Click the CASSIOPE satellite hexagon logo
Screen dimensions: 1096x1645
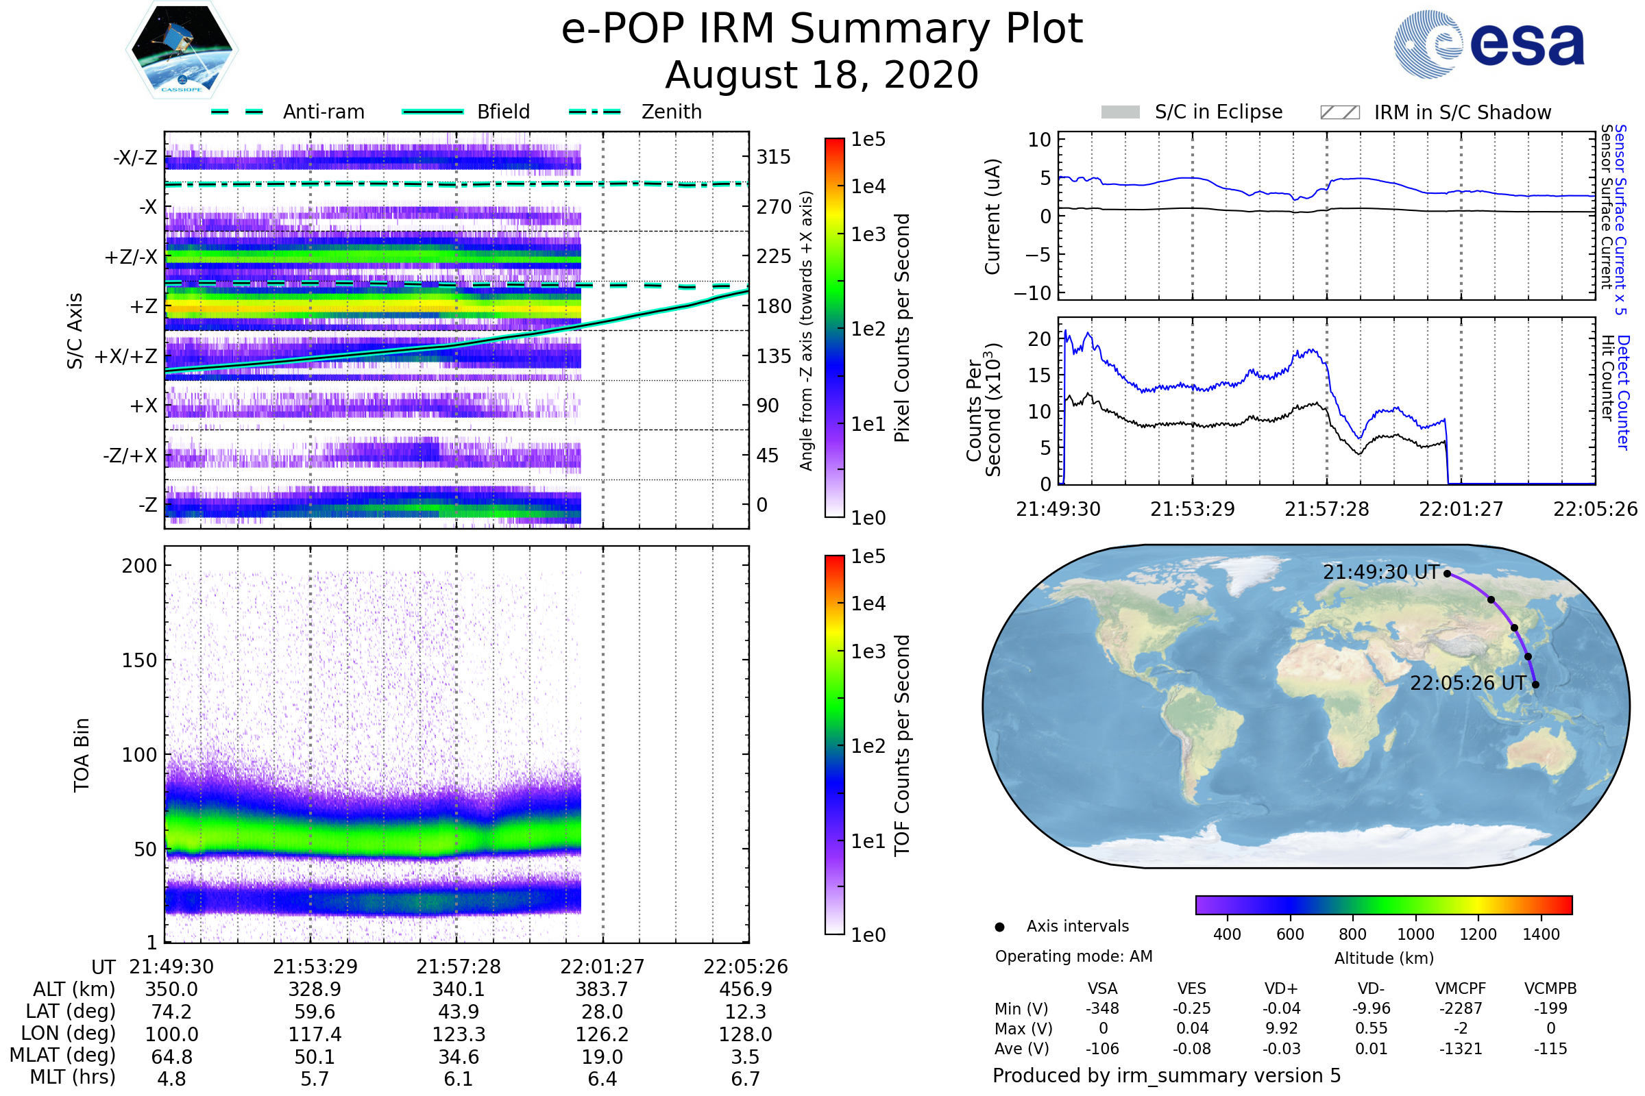[x=182, y=49]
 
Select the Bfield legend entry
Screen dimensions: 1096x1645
[x=503, y=112]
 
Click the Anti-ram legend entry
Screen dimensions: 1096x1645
[x=323, y=112]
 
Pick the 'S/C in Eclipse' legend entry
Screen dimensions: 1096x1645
[x=1218, y=112]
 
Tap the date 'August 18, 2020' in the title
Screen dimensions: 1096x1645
[x=822, y=75]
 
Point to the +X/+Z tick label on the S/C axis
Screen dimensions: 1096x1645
[x=126, y=356]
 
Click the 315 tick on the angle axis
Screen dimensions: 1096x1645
[x=774, y=157]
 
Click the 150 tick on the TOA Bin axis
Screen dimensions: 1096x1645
[x=139, y=660]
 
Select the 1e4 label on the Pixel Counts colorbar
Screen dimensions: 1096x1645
[x=868, y=186]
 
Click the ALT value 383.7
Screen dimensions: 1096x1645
[x=602, y=990]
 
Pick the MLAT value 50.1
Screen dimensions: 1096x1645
[x=315, y=1057]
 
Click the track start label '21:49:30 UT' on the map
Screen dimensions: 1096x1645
[x=1380, y=573]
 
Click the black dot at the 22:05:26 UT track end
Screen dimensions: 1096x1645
[x=1535, y=685]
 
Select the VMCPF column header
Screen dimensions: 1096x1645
[x=1461, y=989]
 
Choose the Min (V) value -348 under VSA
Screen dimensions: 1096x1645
[x=1102, y=1008]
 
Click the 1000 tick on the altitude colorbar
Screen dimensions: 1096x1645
[x=1415, y=934]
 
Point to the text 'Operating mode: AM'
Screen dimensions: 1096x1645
[x=1073, y=956]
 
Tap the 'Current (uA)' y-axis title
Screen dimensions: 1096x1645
[x=992, y=216]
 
